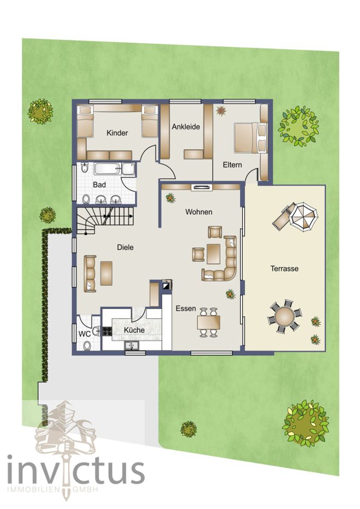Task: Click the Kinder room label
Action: (117, 133)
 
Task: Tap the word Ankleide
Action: (186, 127)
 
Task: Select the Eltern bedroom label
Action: (232, 164)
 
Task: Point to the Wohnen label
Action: (199, 212)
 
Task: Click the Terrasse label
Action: (284, 268)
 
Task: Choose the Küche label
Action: (134, 330)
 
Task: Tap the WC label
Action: (84, 334)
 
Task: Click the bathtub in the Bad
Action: (115, 169)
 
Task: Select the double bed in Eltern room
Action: (250, 138)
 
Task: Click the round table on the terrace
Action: (284, 316)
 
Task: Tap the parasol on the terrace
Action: (304, 216)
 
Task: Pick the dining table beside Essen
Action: (208, 322)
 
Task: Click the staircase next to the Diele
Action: (105, 219)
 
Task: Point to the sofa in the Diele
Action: (90, 274)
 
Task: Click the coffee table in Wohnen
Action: (214, 254)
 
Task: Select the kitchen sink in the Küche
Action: (132, 346)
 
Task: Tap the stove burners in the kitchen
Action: (107, 331)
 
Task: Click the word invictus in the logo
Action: (76, 472)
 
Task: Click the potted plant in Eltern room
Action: (221, 111)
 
